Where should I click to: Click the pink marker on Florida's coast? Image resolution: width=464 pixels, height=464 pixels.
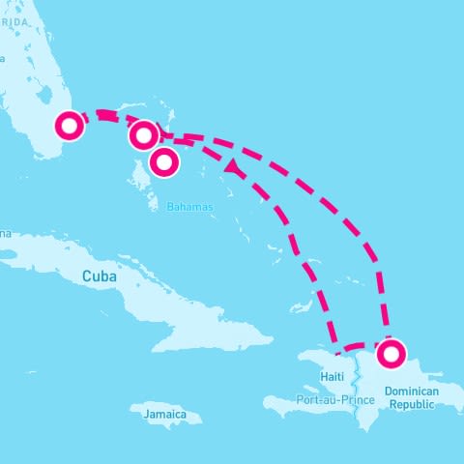click(x=70, y=126)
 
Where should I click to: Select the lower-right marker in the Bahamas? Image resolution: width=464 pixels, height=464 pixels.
click(x=164, y=161)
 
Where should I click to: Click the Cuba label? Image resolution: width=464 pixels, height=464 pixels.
click(x=100, y=276)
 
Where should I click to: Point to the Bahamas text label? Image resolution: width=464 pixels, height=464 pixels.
click(x=188, y=207)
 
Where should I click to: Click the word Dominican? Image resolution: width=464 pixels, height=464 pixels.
click(x=412, y=391)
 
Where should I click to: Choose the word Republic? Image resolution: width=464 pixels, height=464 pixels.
click(x=412, y=404)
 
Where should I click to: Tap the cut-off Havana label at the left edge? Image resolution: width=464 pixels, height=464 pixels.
click(x=5, y=233)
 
